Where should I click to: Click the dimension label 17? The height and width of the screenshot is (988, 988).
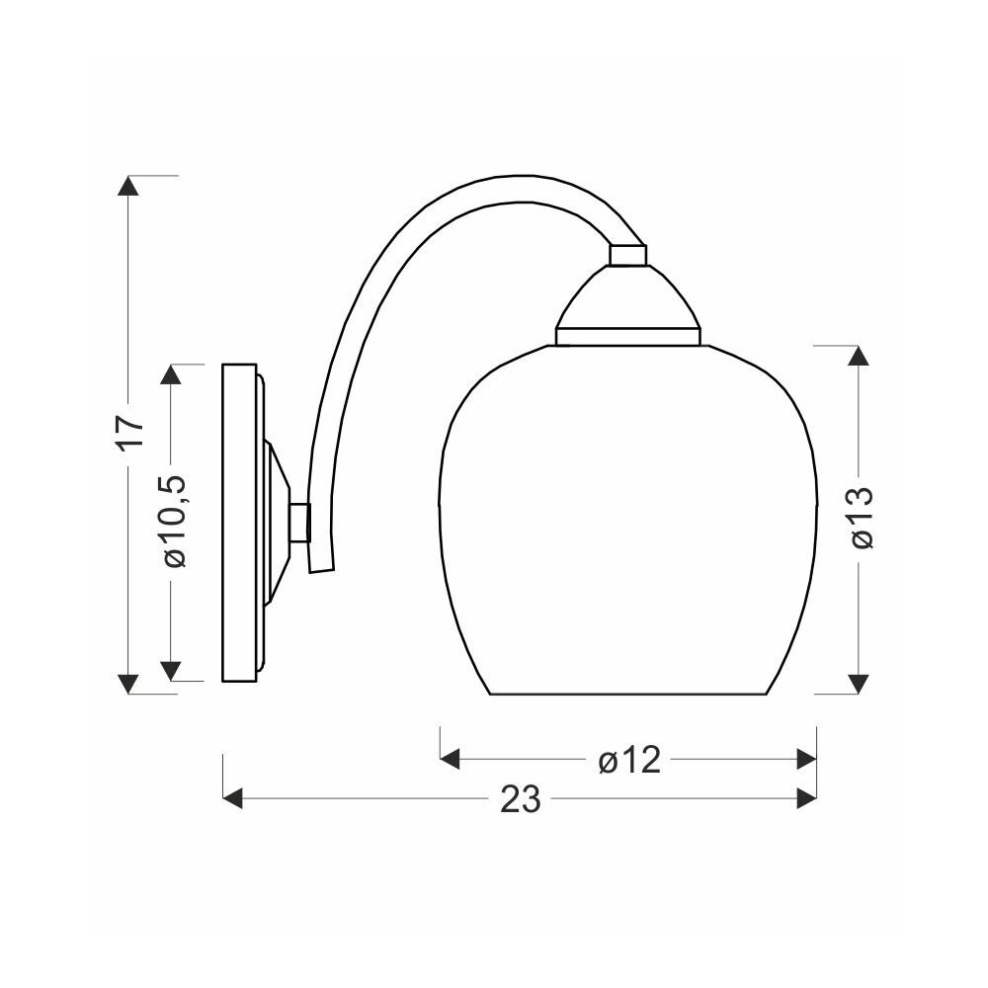(130, 432)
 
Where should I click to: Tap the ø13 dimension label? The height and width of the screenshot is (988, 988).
(862, 518)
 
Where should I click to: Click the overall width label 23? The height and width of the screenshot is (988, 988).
(521, 799)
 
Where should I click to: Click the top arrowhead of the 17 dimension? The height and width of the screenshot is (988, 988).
(128, 186)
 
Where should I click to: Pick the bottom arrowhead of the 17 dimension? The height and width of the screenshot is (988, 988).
(128, 684)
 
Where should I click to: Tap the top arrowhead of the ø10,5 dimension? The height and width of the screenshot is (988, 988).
(171, 374)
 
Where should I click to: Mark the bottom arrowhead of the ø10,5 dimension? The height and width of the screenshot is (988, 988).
(171, 671)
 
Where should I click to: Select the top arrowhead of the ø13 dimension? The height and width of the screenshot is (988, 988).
(858, 356)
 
